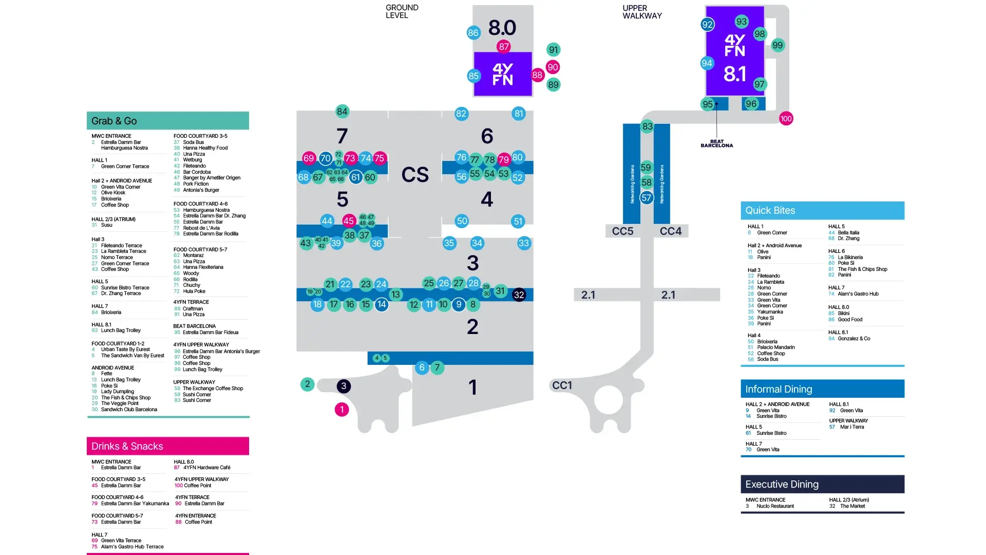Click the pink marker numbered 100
[786, 119]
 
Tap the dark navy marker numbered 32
[519, 295]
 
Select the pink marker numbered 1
[342, 410]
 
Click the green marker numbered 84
[342, 112]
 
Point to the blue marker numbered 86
[473, 33]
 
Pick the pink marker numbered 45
[349, 221]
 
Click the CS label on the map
[415, 175]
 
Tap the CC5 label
[622, 231]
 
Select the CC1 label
[562, 385]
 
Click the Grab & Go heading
[114, 121]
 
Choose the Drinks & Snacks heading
[127, 446]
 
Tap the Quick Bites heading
[770, 210]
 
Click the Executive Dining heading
[782, 484]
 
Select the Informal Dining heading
[779, 389]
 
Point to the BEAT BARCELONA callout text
[716, 143]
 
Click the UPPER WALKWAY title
[642, 12]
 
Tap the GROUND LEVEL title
[402, 11]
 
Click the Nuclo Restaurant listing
[775, 506]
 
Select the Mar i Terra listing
[852, 427]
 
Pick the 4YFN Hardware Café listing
[207, 468]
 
